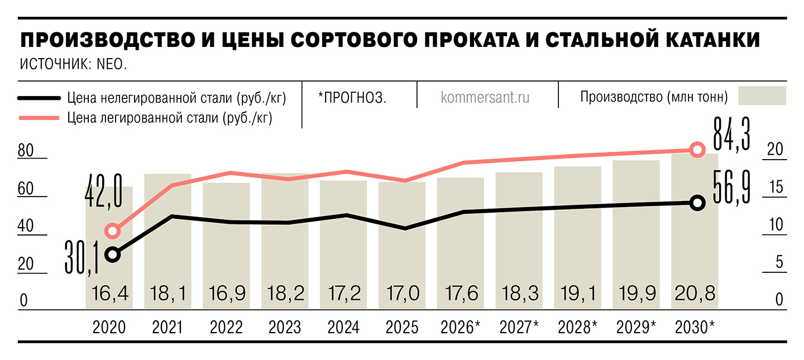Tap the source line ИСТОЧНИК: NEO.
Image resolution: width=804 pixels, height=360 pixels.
73,64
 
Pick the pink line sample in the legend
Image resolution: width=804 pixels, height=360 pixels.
39,118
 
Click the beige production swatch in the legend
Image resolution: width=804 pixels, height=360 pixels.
762,96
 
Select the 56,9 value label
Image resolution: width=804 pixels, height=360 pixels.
731,187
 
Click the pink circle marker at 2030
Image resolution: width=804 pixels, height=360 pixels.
697,149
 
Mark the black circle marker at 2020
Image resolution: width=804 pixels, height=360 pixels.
113,255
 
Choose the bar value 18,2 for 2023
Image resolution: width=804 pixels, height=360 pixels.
284,293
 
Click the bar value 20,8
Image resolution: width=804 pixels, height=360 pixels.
695,293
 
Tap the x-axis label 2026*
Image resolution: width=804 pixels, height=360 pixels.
460,327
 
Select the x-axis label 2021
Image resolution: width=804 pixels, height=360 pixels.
167,327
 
